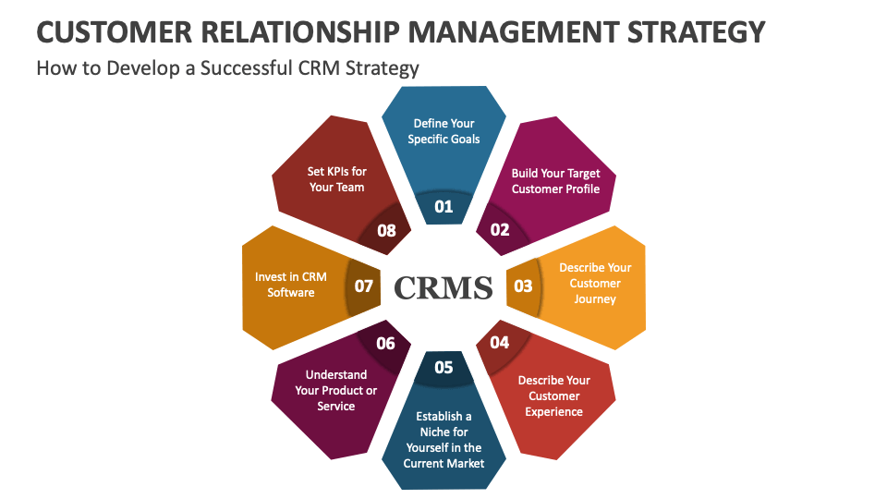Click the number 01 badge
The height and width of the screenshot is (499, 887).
click(443, 206)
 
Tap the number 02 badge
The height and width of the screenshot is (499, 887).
click(500, 229)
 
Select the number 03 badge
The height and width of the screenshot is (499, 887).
click(523, 286)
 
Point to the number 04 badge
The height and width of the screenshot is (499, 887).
click(499, 343)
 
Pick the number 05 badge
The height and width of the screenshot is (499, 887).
click(443, 367)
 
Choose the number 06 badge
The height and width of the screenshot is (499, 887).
click(385, 344)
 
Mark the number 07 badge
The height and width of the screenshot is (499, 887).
click(363, 286)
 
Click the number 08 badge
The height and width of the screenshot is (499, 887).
click(386, 230)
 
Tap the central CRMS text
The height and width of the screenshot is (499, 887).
click(443, 287)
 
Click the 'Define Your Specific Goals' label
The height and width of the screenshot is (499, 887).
click(443, 131)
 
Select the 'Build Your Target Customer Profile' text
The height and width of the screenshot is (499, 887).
click(555, 181)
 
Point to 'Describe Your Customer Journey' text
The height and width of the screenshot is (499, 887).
click(595, 284)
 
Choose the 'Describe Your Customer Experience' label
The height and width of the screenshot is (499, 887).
click(553, 396)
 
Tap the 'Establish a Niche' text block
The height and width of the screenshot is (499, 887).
click(443, 440)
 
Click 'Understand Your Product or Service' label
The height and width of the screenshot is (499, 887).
click(336, 390)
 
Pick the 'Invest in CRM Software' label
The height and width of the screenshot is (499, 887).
click(291, 285)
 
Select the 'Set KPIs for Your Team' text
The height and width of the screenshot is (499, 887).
click(336, 179)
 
